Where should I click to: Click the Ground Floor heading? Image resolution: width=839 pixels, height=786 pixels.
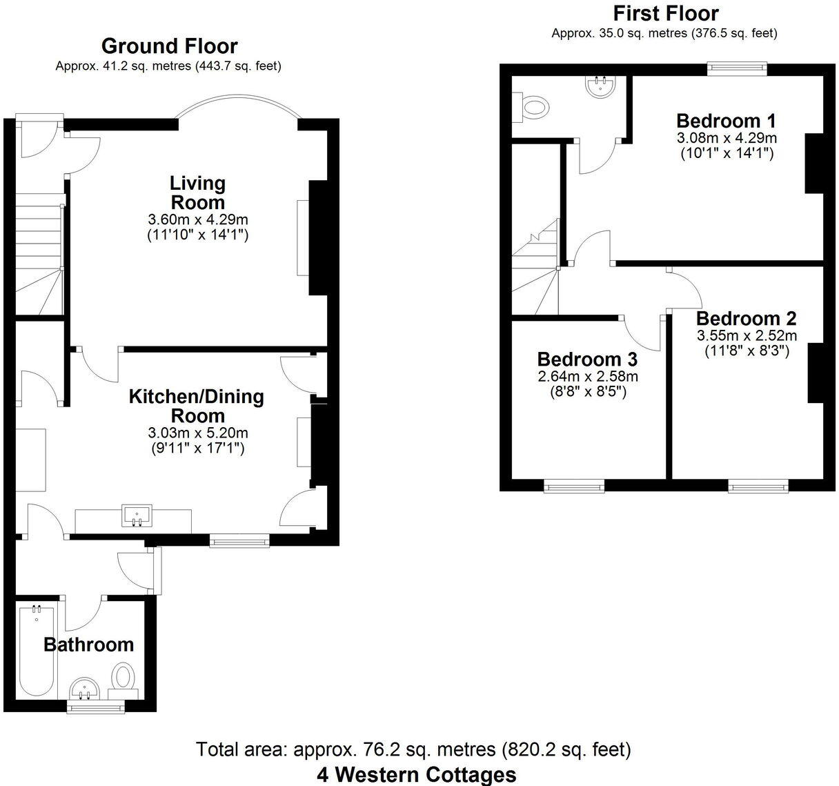point(169,46)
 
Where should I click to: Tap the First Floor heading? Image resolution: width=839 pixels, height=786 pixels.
point(665,13)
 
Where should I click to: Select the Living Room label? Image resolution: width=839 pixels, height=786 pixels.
point(197,193)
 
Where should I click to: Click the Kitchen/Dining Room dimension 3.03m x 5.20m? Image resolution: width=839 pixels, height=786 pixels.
point(197,433)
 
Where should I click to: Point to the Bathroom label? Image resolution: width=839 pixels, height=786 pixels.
point(88,645)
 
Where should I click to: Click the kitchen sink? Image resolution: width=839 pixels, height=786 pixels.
point(136,515)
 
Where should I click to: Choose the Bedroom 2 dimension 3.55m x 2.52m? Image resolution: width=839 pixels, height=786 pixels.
point(746,336)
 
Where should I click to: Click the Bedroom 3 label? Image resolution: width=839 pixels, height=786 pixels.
point(587,360)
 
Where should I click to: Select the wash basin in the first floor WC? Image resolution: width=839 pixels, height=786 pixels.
point(600,85)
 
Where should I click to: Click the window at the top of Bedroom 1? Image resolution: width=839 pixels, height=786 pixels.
point(737,68)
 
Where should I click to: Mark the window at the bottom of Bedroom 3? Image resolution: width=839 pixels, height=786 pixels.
point(574,487)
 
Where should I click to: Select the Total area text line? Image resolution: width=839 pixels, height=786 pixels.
point(413,749)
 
